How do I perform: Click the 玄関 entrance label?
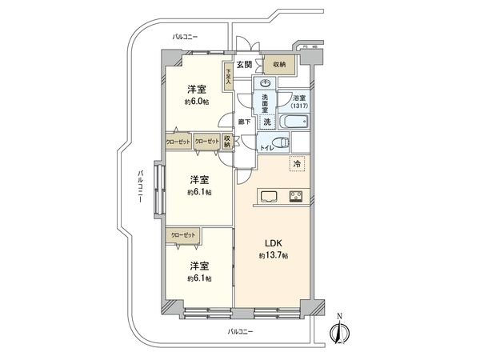click(x=244, y=65)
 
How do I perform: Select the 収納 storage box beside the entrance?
click(x=278, y=66)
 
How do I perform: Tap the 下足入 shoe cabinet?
click(x=228, y=77)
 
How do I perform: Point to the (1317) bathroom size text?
click(x=297, y=106)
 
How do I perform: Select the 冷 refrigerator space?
click(x=296, y=164)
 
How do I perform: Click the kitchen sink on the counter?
click(x=267, y=197)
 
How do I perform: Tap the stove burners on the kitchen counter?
click(x=295, y=197)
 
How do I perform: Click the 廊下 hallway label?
click(x=244, y=122)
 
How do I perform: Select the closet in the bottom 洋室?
click(x=183, y=235)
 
